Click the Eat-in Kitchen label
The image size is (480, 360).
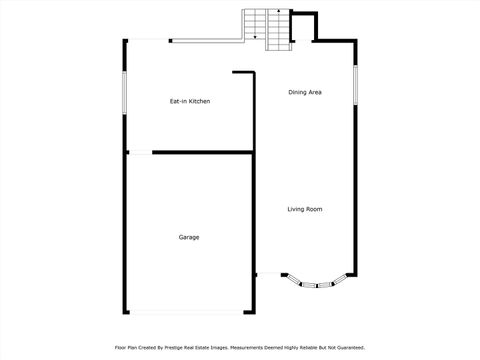189,101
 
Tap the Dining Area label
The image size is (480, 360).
305,92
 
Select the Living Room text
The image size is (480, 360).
305,209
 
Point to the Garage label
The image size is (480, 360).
189,237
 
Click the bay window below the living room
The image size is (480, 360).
316,284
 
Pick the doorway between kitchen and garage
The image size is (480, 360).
139,153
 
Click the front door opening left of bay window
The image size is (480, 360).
268,274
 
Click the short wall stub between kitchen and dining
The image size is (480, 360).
244,72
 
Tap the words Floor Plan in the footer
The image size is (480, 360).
128,347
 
